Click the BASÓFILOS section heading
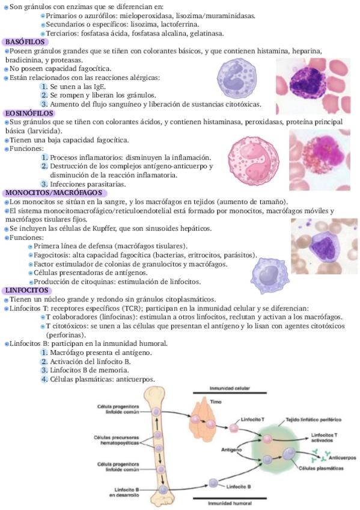pos(25,42)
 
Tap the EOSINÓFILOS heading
pos(29,114)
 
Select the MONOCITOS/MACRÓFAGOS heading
pos(53,193)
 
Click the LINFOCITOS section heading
pos(26,290)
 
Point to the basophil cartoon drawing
pos(237,78)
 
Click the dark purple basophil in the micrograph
pos(308,83)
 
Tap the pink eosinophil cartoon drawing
pos(254,161)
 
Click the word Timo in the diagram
pos(215,402)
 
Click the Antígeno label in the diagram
pos(231,449)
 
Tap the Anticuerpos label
pos(343,458)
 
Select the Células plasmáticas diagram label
pos(321,469)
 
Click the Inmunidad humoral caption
pos(230,503)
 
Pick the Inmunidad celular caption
pos(230,389)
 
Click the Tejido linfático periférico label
pos(314,420)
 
